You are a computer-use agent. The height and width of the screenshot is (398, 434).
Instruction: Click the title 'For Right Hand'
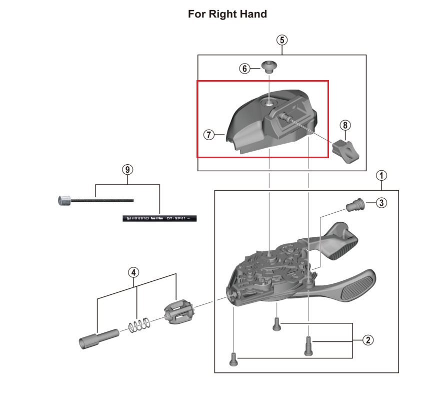coord(227,14)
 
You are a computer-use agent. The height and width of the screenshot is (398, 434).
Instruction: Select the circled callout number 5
coord(282,40)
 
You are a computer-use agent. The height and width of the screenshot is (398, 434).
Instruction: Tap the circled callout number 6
coord(244,69)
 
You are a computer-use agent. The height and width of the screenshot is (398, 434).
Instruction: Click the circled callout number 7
coord(209,135)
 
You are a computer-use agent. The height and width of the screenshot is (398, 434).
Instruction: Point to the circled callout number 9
coord(128,169)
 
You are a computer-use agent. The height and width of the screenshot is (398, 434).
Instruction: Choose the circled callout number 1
coord(381,175)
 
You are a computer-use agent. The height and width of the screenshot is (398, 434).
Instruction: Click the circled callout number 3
coord(381,203)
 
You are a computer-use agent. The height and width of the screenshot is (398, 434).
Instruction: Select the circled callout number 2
coord(367,340)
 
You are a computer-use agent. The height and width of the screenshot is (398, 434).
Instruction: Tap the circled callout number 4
coord(133,273)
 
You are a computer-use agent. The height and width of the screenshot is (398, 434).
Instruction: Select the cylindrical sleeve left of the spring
coord(98,337)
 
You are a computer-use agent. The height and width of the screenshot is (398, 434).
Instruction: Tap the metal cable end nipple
coord(64,201)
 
